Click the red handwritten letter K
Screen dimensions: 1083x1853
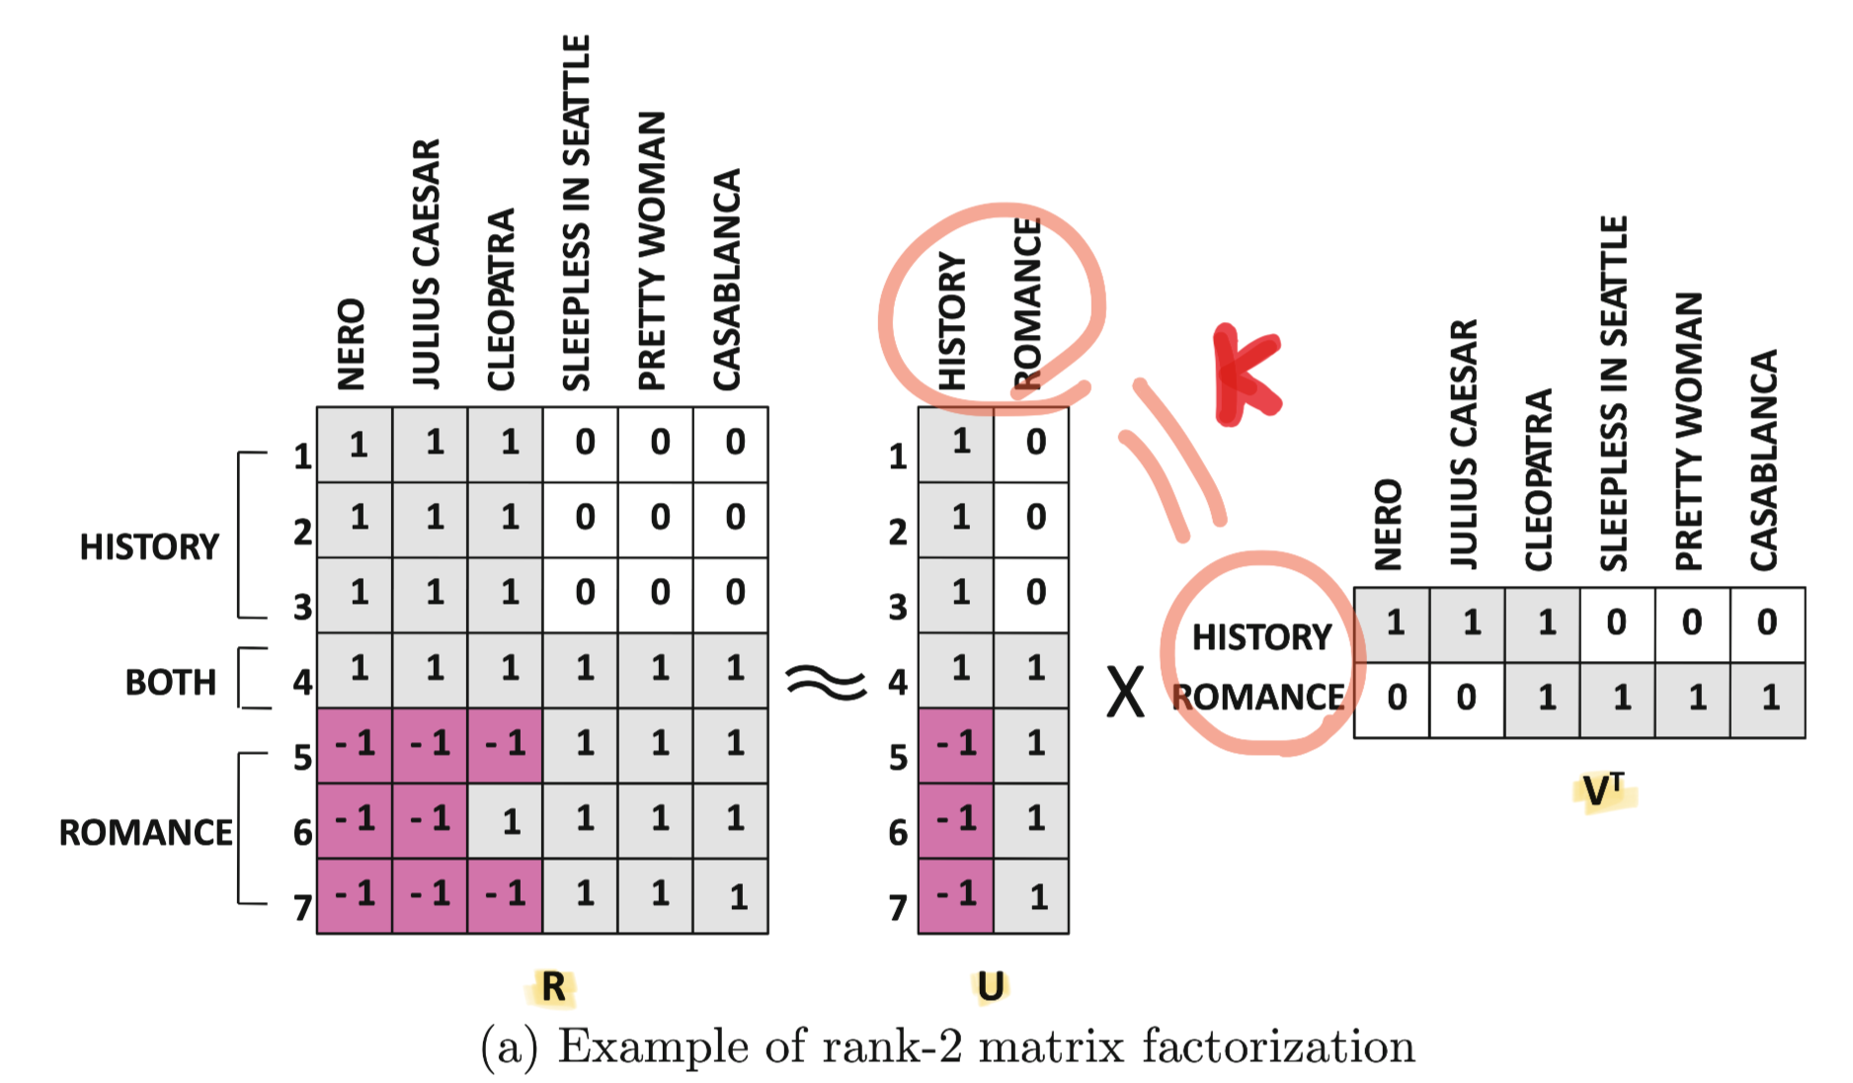tap(1247, 375)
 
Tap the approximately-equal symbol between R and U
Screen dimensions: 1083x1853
tap(825, 682)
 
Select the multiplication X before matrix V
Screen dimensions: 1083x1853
tap(1125, 692)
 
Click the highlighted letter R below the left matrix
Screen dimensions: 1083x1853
tap(554, 986)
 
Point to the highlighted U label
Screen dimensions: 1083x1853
tap(990, 986)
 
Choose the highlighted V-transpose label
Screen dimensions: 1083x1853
tap(1602, 791)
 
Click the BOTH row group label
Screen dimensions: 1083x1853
tap(170, 682)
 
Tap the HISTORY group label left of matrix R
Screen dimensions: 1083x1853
tap(148, 546)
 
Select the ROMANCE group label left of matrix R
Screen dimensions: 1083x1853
tap(145, 832)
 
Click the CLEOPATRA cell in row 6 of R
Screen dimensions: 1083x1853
tap(505, 821)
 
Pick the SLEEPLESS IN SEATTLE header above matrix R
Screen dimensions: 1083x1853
tap(577, 212)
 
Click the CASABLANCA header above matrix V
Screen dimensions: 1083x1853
tap(1764, 459)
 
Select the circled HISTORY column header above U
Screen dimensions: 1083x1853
tap(951, 320)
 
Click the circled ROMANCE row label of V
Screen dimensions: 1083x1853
tap(1258, 697)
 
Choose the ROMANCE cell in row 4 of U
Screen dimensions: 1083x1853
tap(1032, 670)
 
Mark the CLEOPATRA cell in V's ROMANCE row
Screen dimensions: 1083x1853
tap(1544, 700)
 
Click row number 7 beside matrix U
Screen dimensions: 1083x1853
tap(897, 906)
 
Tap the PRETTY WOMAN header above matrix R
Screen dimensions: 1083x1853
tap(653, 251)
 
